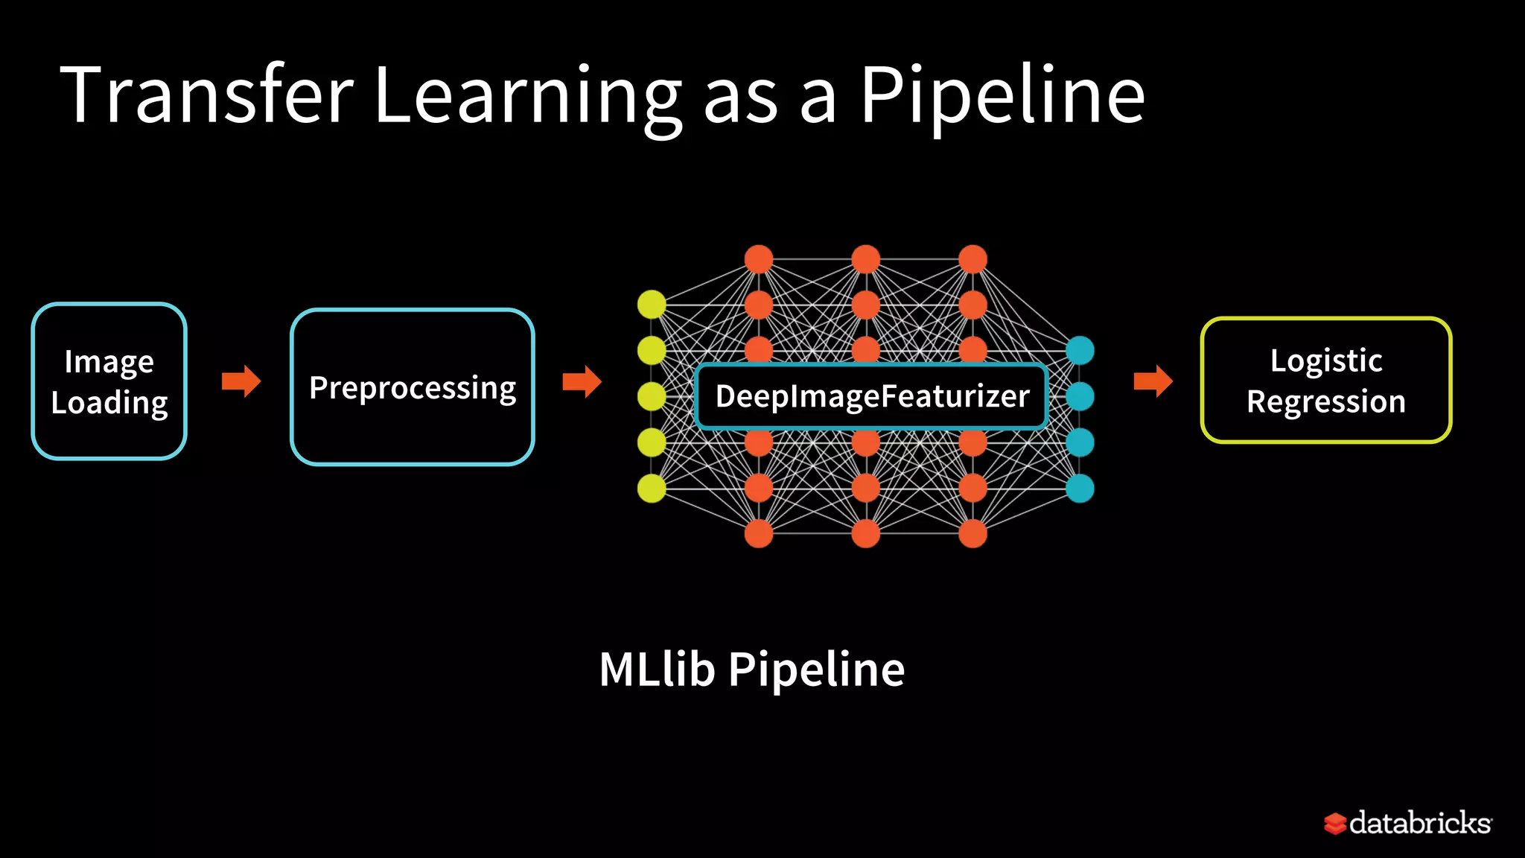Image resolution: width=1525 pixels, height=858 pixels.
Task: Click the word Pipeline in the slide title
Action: point(1002,95)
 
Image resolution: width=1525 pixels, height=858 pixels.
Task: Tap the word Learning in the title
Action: point(527,95)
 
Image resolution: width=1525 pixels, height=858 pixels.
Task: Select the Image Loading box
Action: point(109,381)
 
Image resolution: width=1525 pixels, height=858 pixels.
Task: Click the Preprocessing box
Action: point(412,387)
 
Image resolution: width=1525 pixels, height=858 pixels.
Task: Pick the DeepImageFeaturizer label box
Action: point(871,396)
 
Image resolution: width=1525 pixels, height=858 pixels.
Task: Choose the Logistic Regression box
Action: point(1325,381)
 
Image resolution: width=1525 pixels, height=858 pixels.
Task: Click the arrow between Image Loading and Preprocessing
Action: point(241,381)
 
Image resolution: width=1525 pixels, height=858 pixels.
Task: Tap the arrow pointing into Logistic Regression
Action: point(1153,381)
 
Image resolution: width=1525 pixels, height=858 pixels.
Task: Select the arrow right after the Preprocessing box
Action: point(582,381)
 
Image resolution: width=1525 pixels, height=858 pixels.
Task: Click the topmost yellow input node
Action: point(652,304)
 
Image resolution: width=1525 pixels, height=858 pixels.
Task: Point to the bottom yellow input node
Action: point(652,489)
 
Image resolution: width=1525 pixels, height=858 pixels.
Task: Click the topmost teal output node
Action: point(1080,350)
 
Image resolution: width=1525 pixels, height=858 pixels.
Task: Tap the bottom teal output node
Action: point(1080,489)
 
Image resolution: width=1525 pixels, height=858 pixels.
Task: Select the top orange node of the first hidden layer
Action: point(759,259)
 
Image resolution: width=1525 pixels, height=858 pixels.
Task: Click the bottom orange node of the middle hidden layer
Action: point(865,533)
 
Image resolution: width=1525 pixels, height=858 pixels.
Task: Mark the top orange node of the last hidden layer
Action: point(972,259)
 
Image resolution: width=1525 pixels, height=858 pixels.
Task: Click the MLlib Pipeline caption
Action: point(751,669)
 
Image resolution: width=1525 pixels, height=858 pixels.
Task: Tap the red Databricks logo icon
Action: point(1334,823)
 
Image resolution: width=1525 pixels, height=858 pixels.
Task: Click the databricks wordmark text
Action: point(1419,823)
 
